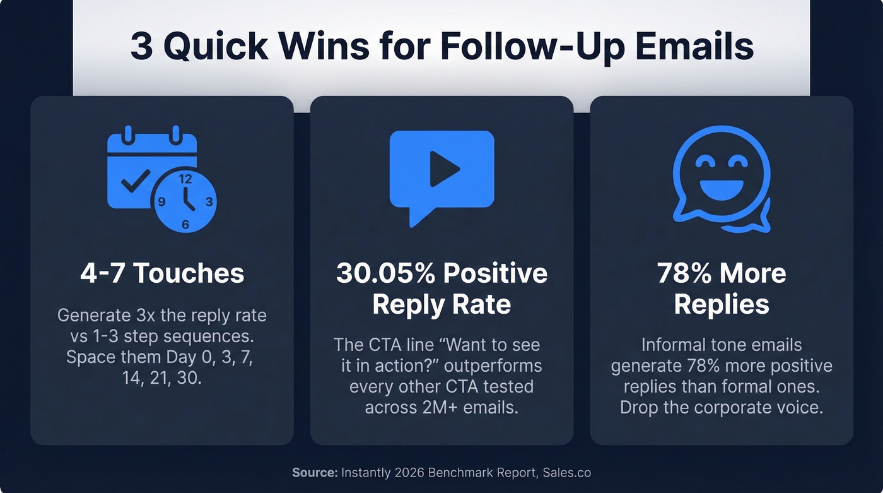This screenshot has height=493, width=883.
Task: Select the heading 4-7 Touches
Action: [162, 273]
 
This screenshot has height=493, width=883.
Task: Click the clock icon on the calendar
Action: [185, 201]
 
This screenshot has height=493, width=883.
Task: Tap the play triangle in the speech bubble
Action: [443, 169]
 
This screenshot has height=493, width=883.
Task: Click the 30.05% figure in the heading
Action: [385, 273]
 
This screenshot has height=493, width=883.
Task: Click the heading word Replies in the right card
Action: [722, 304]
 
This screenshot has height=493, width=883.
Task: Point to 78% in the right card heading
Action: [684, 273]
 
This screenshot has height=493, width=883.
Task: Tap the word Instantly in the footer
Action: [366, 472]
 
